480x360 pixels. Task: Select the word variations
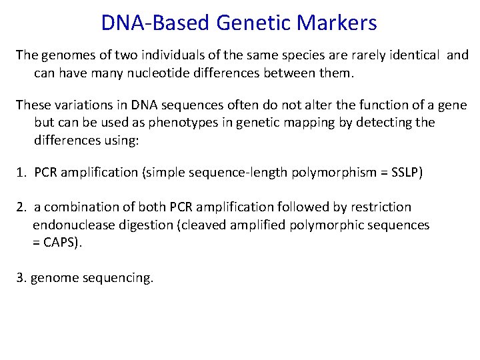coord(74,105)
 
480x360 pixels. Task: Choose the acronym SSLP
coord(404,173)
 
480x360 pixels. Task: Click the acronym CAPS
coord(62,243)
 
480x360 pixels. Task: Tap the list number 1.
coord(21,173)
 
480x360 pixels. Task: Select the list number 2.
coord(21,207)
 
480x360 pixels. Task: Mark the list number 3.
coord(21,277)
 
